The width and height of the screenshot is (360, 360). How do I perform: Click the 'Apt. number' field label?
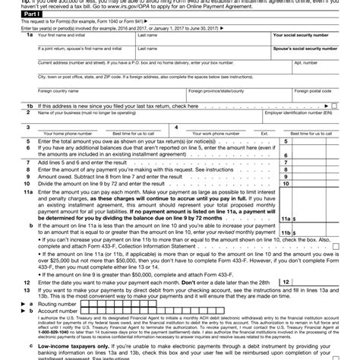pos(304,63)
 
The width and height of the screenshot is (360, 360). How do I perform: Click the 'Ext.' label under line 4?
pos(265,134)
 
